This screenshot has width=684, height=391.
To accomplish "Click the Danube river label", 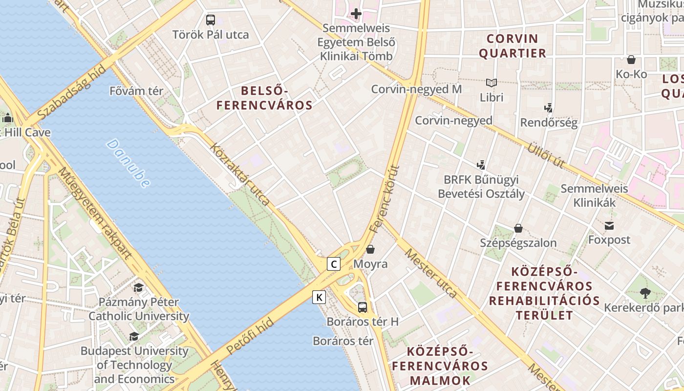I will (128, 163).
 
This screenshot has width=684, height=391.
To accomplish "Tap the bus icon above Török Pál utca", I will (211, 20).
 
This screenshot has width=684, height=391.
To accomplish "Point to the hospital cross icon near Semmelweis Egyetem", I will (356, 14).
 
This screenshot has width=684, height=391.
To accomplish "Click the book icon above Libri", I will (491, 83).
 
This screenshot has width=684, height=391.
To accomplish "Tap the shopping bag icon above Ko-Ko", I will (631, 60).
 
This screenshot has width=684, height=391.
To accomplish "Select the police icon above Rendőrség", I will (548, 108).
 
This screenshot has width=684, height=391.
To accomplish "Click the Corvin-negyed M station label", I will (416, 89).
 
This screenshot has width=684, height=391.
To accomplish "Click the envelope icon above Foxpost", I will (609, 226).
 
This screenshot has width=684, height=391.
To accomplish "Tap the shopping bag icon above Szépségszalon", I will (518, 228).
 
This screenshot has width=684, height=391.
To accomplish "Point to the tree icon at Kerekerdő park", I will (645, 293).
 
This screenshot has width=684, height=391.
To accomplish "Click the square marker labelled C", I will (334, 264).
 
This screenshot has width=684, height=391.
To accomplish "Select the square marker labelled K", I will (319, 297).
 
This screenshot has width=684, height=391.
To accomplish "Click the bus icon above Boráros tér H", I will (363, 307).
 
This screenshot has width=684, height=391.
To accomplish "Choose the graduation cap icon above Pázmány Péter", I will (139, 287).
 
